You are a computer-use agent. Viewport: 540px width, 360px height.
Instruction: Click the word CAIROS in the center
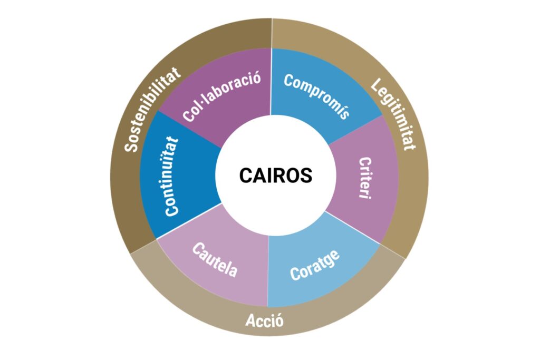tap(275, 176)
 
